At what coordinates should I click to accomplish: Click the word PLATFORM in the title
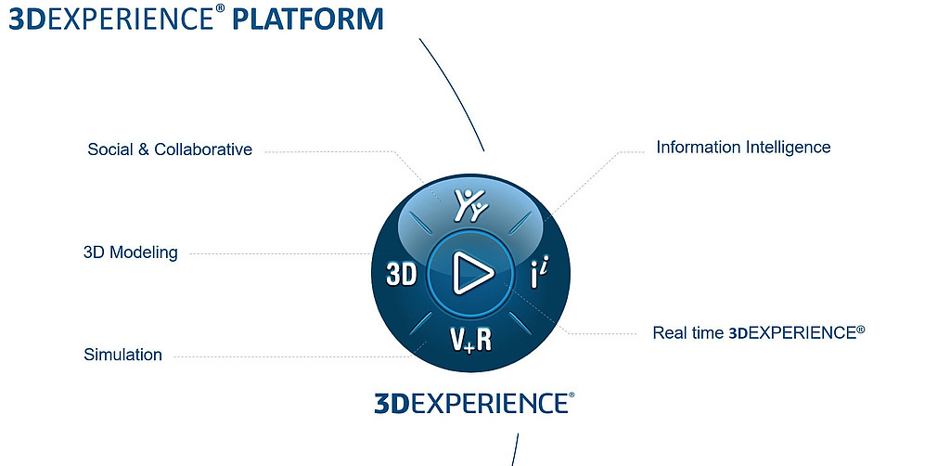pyautogui.click(x=308, y=19)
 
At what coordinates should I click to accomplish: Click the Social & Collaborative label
pyautogui.click(x=170, y=149)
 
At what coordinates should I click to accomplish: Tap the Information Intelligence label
pyautogui.click(x=743, y=148)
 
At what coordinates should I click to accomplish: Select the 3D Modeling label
pyautogui.click(x=130, y=252)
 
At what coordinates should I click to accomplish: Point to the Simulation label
pyautogui.click(x=123, y=355)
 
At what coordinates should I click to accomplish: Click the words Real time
pyautogui.click(x=688, y=332)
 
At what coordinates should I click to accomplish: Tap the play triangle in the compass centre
pyautogui.click(x=472, y=273)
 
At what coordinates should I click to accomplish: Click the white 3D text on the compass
pyautogui.click(x=402, y=275)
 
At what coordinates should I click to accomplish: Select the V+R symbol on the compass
pyautogui.click(x=470, y=340)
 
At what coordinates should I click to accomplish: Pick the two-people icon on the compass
pyautogui.click(x=471, y=204)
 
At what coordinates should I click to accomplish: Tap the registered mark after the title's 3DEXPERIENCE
pyautogui.click(x=222, y=10)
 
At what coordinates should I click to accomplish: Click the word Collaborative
pyautogui.click(x=203, y=149)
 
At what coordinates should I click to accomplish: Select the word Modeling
pyautogui.click(x=144, y=252)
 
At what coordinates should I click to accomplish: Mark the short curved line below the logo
pyautogui.click(x=516, y=449)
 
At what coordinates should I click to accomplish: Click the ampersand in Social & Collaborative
pyautogui.click(x=143, y=149)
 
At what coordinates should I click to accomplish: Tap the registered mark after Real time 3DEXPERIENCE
pyautogui.click(x=860, y=330)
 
